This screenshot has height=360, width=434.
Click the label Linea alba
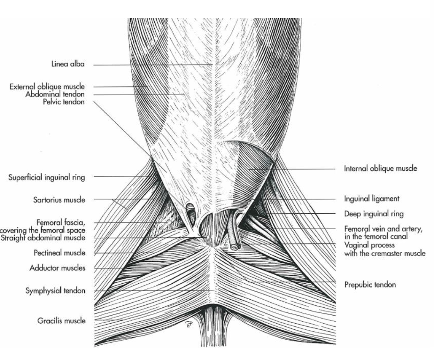(68, 64)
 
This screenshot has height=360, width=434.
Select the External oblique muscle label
(47, 87)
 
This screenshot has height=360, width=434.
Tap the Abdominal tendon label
(55, 94)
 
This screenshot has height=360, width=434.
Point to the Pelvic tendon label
(64, 102)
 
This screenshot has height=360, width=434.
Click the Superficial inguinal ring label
(46, 177)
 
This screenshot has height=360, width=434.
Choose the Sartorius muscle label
(59, 200)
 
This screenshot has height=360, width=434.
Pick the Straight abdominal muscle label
(43, 238)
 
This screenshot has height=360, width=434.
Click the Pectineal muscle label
(60, 252)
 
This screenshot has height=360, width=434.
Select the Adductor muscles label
(57, 268)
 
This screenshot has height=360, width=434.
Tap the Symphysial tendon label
(55, 290)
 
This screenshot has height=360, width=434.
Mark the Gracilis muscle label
(62, 321)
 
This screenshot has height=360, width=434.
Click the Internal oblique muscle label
(380, 168)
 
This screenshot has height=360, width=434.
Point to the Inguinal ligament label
(372, 199)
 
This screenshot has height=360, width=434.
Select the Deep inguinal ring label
(374, 214)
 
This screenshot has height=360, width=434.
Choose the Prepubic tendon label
(370, 285)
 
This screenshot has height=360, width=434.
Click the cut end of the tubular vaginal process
(234, 247)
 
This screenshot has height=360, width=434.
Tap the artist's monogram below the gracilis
(189, 324)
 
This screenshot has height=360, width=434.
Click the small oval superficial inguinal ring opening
(190, 211)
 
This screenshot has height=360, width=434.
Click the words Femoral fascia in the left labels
(61, 222)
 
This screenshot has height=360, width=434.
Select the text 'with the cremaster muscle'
(385, 253)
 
